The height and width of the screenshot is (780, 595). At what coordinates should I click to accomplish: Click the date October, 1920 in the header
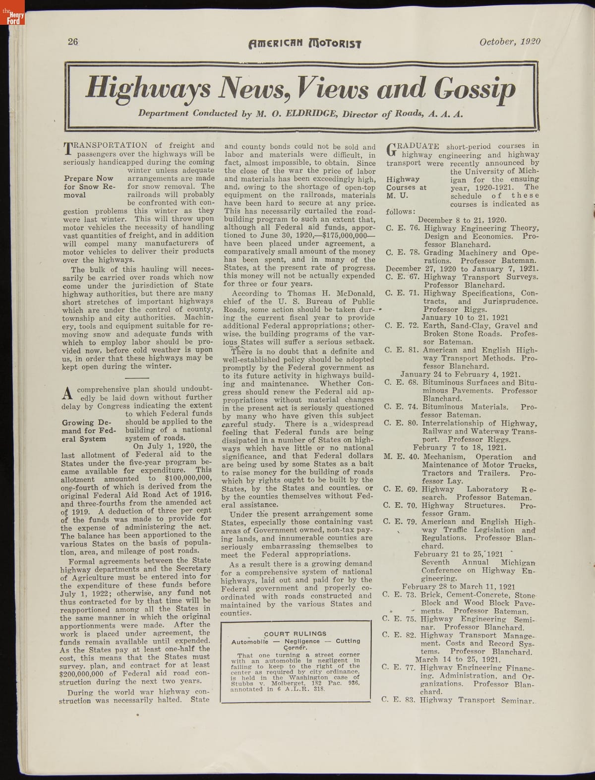pyautogui.click(x=509, y=42)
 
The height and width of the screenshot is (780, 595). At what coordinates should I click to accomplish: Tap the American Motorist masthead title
pyautogui.click(x=304, y=43)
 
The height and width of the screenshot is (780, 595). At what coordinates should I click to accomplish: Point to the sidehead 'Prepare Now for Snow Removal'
pyautogui.click(x=89, y=186)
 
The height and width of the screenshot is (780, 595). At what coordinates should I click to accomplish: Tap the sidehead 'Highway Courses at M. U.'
pyautogui.click(x=407, y=187)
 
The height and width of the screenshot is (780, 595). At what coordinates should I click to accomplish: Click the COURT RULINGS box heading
pyautogui.click(x=295, y=633)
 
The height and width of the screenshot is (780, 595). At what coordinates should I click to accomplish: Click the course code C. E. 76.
pyautogui.click(x=403, y=228)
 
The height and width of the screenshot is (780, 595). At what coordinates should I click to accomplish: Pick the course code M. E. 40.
pyautogui.click(x=401, y=457)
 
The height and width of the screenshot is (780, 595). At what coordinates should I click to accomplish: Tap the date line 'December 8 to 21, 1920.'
pyautogui.click(x=462, y=220)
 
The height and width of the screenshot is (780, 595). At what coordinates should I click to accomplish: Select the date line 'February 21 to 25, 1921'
pyautogui.click(x=459, y=554)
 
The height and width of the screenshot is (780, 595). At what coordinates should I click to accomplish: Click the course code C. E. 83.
pyautogui.click(x=400, y=700)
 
